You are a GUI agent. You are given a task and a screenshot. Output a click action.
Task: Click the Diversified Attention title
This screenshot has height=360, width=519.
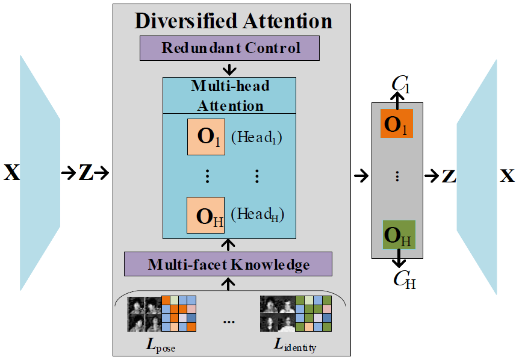233,20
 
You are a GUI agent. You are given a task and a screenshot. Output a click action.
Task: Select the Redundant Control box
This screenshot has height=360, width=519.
230,48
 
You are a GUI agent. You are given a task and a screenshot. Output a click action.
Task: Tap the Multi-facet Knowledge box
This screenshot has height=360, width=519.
228,264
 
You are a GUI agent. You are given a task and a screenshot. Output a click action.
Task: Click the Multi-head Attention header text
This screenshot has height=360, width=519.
229,95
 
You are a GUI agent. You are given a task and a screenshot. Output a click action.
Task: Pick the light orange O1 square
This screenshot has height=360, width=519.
205,137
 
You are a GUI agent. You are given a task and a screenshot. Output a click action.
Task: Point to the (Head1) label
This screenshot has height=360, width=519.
257,138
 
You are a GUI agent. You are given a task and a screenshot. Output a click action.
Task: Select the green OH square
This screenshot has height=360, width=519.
398,235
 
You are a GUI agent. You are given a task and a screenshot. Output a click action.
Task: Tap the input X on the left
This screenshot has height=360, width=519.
11,175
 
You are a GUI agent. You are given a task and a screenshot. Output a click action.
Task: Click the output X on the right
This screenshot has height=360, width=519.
508,176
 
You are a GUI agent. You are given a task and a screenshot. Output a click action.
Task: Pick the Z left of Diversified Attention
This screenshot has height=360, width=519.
86,175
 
